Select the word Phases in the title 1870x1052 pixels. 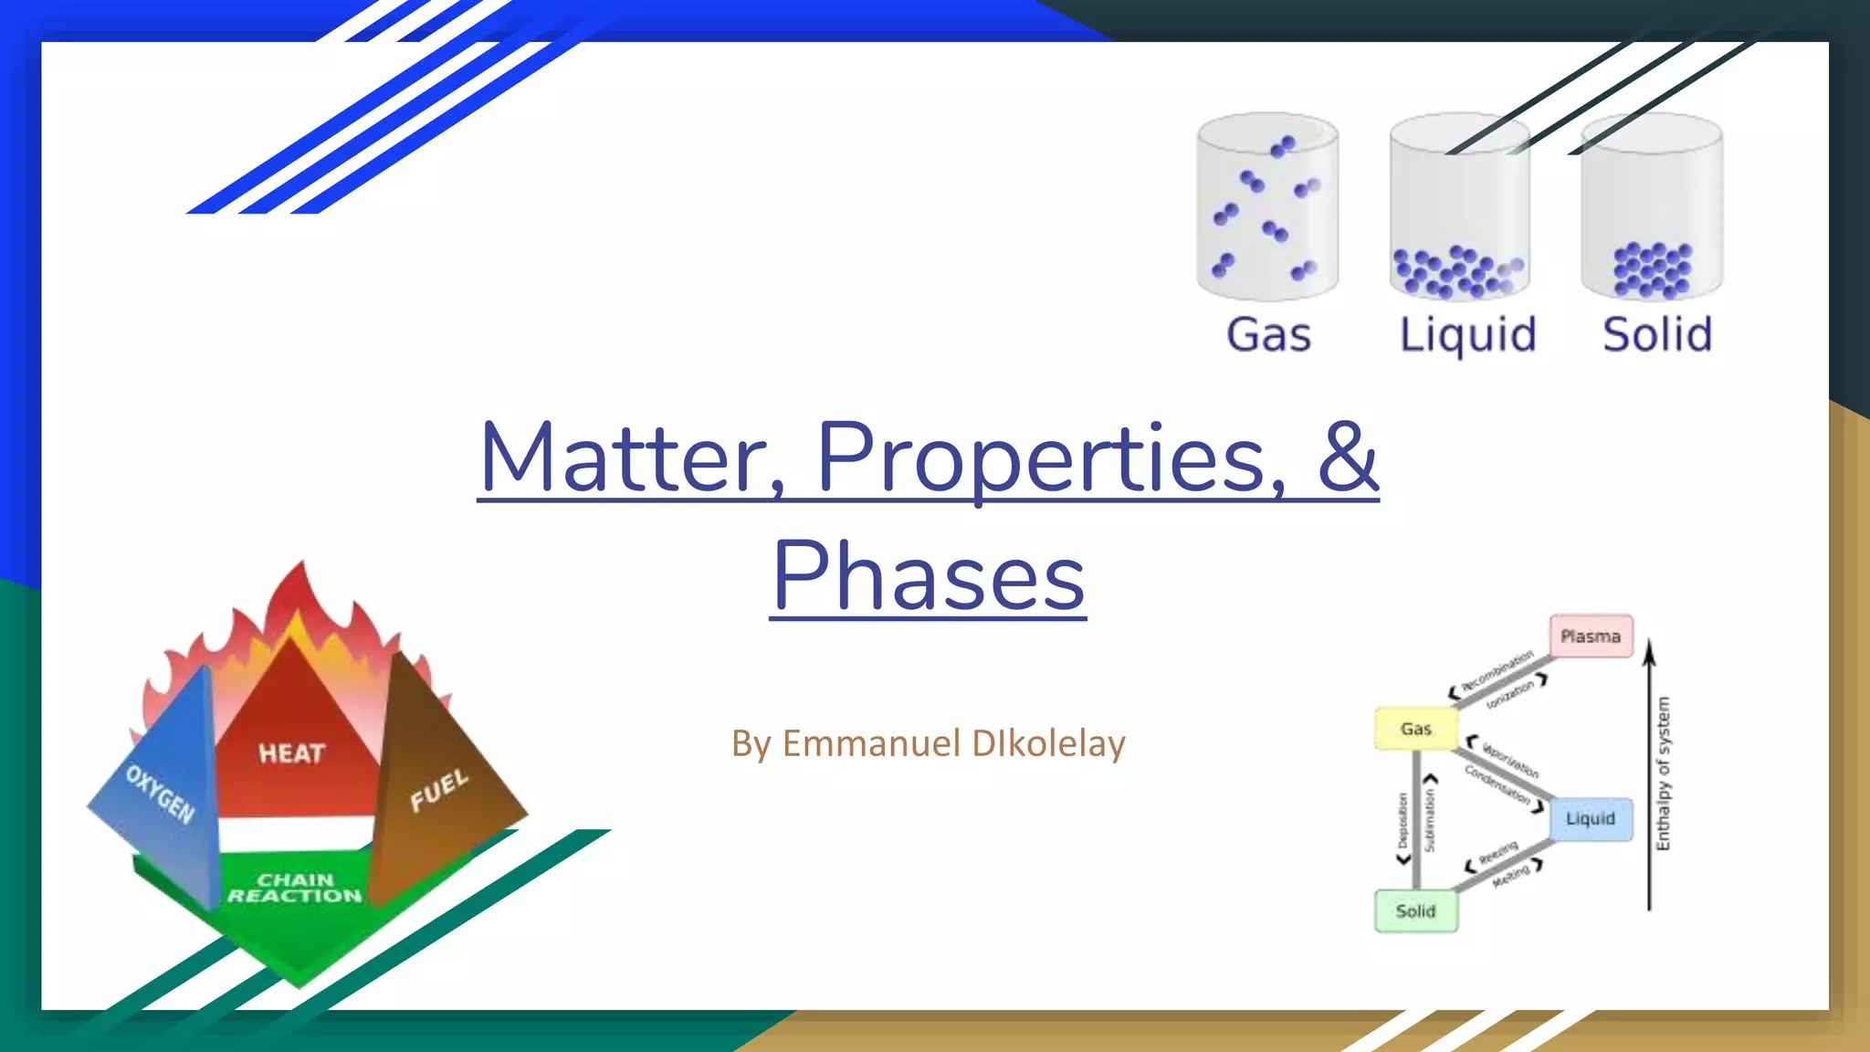pyautogui.click(x=929, y=577)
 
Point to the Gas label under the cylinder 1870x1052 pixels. pyautogui.click(x=1268, y=334)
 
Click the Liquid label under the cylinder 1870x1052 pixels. pyautogui.click(x=1467, y=334)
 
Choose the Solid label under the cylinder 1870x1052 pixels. pyautogui.click(x=1657, y=334)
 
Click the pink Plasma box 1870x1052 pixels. pyautogui.click(x=1591, y=636)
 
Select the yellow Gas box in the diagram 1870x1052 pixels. pyautogui.click(x=1415, y=729)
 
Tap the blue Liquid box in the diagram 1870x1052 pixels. pyautogui.click(x=1591, y=818)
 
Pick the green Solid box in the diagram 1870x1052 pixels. pyautogui.click(x=1415, y=910)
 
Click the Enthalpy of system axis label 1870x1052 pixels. pyautogui.click(x=1663, y=773)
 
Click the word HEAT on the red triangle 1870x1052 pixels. pyautogui.click(x=291, y=753)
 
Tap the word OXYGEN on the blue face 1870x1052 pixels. pyautogui.click(x=161, y=794)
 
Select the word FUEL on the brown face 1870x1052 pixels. pyautogui.click(x=439, y=790)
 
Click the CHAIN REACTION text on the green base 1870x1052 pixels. pyautogui.click(x=295, y=888)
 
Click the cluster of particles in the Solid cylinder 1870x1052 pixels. pyautogui.click(x=1652, y=271)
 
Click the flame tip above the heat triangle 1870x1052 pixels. pyautogui.click(x=302, y=571)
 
